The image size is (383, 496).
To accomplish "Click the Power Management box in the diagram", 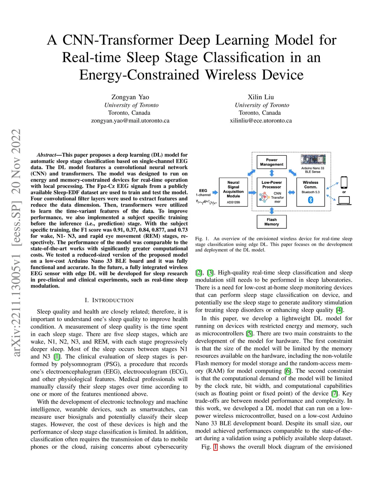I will [272, 162].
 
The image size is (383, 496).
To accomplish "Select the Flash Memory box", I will [272, 222].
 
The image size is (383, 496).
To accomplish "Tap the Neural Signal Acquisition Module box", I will [233, 192].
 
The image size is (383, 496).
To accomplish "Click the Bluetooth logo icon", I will [310, 200].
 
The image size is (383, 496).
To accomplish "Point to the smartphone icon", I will [344, 183].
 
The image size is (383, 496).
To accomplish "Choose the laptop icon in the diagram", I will [344, 201].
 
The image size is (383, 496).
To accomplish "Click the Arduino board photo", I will [313, 160].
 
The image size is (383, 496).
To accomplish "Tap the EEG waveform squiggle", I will [206, 202].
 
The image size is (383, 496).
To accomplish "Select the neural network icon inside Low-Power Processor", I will [265, 197].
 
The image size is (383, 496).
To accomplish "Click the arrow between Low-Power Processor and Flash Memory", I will [272, 211].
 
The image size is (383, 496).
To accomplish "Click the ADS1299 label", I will [233, 203].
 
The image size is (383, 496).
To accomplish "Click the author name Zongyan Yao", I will [130, 97].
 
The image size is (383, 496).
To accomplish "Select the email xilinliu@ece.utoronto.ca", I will [261, 121].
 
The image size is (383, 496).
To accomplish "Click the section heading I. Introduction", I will [109, 300].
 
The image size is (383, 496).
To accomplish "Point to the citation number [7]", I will [335, 393].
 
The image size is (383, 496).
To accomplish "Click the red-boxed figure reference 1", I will [215, 447].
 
